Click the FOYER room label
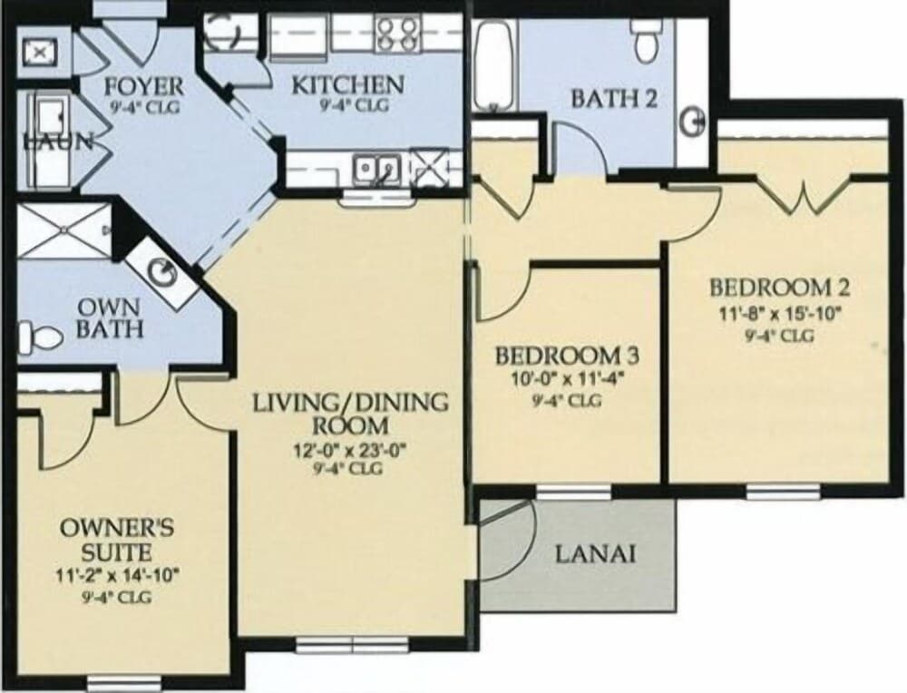click(143, 88)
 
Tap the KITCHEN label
click(347, 85)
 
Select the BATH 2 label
click(613, 99)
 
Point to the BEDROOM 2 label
click(779, 288)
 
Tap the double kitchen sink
click(377, 169)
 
